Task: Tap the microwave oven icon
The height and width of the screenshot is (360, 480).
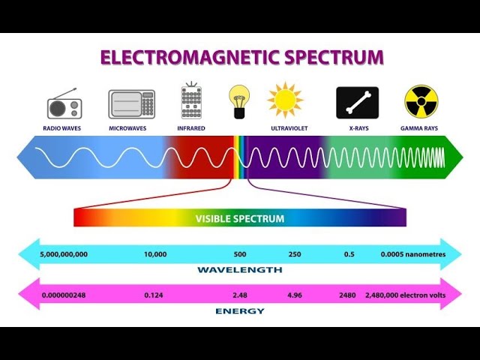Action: (131, 104)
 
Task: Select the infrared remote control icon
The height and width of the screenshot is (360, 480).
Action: (191, 101)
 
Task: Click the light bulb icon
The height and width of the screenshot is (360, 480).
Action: (238, 101)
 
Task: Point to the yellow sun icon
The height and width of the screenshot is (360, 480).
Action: (285, 100)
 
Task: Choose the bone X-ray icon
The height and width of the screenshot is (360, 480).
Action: (357, 103)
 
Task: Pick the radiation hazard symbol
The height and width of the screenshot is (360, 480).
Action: (420, 101)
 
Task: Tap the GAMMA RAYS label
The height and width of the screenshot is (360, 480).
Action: (420, 128)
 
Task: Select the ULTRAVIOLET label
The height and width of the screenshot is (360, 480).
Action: (290, 128)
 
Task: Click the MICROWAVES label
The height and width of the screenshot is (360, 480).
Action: (127, 128)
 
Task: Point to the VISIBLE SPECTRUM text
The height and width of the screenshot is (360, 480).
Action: (240, 219)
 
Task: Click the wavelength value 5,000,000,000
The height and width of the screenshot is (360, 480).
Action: (64, 254)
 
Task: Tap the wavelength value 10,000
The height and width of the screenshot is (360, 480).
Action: (155, 254)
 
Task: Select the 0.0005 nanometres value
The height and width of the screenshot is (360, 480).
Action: (412, 254)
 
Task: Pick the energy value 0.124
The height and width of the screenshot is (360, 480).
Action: (154, 295)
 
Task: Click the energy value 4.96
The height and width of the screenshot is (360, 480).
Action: (295, 295)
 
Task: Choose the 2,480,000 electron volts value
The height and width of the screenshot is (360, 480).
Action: (405, 295)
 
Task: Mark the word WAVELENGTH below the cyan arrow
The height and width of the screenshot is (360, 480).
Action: (240, 269)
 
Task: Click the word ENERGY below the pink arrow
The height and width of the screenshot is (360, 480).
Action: (240, 310)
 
